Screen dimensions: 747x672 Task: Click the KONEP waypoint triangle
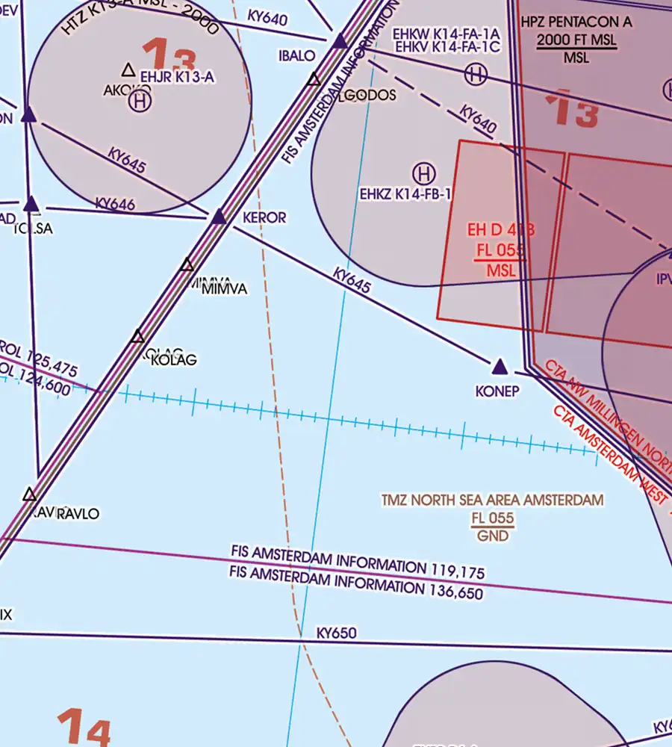tap(500, 366)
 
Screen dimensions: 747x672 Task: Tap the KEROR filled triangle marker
tap(219, 217)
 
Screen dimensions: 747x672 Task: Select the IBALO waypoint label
tap(296, 55)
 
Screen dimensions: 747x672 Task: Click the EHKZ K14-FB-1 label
tap(406, 194)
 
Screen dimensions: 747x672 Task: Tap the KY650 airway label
tap(336, 633)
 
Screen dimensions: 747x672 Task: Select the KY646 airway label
tap(115, 203)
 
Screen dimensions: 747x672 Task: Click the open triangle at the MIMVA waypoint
tap(187, 264)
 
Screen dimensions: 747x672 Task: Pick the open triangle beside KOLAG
tap(137, 337)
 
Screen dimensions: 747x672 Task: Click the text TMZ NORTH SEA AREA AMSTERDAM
tap(492, 500)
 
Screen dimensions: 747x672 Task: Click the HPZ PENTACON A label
tap(577, 22)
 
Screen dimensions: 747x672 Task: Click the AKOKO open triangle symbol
tap(128, 70)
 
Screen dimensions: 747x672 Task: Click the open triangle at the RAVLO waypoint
tap(29, 495)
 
